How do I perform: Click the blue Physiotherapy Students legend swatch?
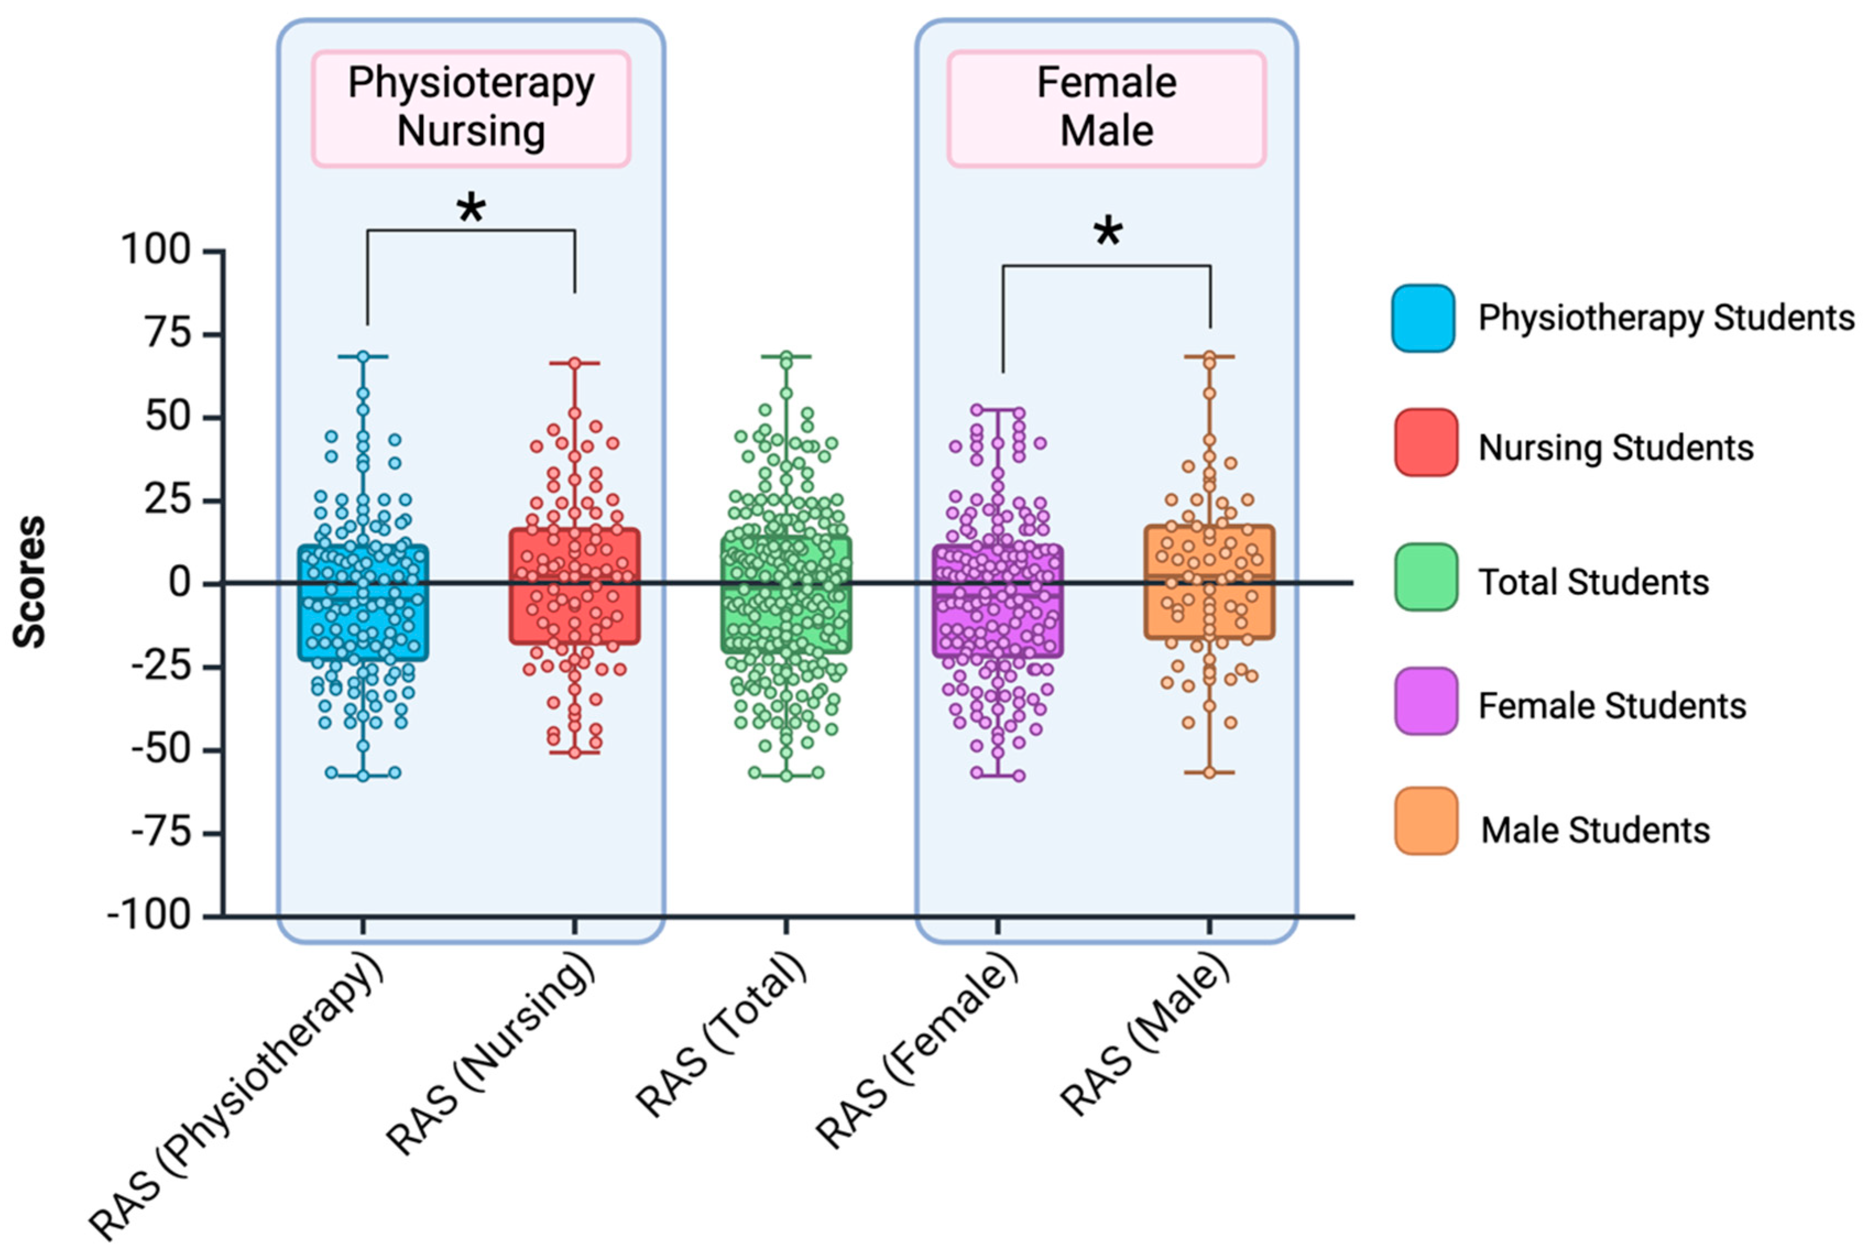point(1423,318)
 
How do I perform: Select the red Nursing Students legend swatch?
point(1426,443)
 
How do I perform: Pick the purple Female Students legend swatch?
point(1426,701)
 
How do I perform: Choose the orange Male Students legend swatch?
point(1426,821)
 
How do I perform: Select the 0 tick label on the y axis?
point(180,582)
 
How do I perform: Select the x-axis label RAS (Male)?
point(1145,1036)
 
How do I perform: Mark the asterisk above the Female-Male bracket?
point(1107,233)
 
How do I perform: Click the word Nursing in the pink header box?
point(471,131)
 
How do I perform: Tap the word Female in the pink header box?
point(1106,82)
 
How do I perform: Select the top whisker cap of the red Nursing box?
point(574,364)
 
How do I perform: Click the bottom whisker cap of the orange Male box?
point(1209,773)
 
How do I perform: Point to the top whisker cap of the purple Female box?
point(998,410)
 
